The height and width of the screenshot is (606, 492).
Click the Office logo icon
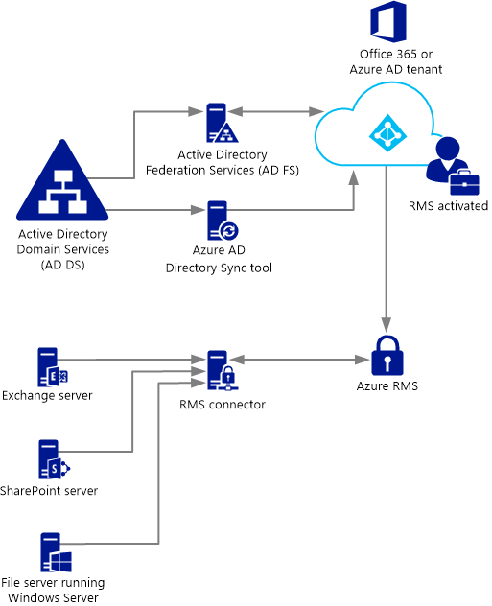388,22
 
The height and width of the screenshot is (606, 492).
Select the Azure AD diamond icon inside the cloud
387,133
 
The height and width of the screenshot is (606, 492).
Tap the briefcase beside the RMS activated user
464,182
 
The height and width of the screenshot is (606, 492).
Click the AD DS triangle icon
62,180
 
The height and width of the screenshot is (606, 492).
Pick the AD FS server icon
222,123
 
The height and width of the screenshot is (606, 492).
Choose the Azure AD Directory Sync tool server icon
223,221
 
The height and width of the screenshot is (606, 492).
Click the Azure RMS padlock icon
387,356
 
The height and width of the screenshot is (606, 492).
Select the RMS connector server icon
223,370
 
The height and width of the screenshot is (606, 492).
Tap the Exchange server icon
53,367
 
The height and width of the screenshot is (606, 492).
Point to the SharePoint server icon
54,459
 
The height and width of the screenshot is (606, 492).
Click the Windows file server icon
56,552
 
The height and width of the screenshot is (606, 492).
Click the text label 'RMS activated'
448,206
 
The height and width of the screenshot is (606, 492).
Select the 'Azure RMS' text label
387,386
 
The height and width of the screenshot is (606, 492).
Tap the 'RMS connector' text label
223,405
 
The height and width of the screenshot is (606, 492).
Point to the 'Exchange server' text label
47,396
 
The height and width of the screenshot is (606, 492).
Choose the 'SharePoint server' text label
49,491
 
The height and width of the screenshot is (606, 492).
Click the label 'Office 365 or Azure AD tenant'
396,61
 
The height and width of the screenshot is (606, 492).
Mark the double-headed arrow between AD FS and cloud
275,111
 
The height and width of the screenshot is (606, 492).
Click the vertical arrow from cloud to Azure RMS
387,249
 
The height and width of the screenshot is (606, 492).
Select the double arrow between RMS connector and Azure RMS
301,360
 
